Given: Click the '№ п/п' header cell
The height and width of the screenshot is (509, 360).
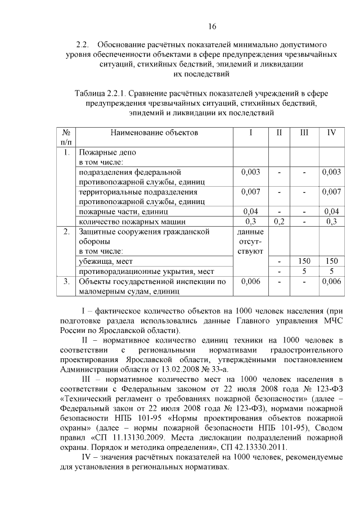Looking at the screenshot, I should point(66,137).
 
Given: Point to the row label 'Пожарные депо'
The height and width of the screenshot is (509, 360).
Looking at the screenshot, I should point(107,152).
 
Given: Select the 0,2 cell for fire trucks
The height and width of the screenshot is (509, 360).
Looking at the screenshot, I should point(278,221).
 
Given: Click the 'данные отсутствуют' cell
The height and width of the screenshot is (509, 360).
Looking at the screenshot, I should point(250,241).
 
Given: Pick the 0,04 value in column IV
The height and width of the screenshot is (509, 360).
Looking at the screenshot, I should point(331,211).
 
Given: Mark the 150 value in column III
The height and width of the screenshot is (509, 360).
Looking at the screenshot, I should point(304,262).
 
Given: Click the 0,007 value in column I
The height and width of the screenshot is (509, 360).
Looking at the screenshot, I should point(250,192).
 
